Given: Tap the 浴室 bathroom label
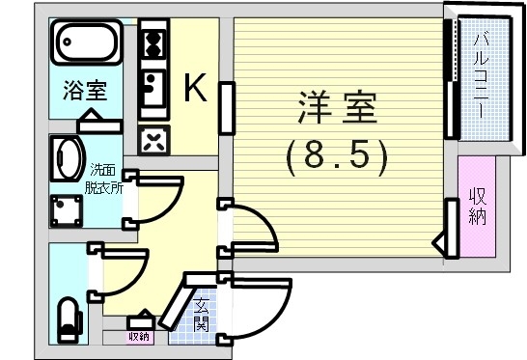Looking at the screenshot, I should coord(85,93).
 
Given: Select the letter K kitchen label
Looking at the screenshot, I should coord(194,90).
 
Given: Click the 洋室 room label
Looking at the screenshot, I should coord(336,109).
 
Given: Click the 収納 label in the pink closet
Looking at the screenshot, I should coord(477,206).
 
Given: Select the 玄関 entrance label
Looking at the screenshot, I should coord(201,315).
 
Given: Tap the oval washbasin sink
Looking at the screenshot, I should coord(68,157).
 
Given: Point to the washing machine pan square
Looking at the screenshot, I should coord(68,209).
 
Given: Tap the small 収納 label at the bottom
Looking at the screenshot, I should coord(139,337).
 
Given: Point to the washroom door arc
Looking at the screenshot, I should coord(159,198).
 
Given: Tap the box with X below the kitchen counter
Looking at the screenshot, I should coord(153,140).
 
